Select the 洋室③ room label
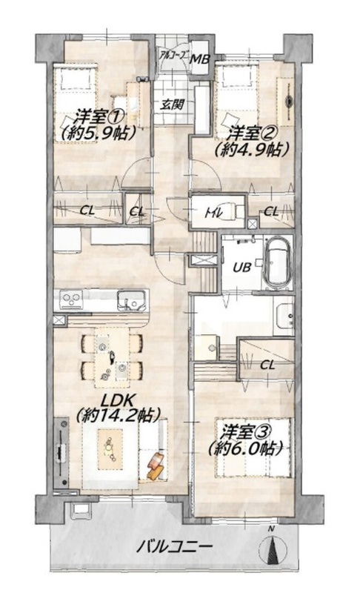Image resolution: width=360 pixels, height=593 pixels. click(249, 432)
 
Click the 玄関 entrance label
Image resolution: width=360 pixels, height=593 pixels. click(173, 104)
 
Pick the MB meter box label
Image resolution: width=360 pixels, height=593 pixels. click(199, 59)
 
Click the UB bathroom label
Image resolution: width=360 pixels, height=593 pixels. click(241, 268)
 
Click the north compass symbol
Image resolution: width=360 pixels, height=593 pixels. click(271, 547)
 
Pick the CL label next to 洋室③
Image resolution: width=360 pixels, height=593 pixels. click(267, 365)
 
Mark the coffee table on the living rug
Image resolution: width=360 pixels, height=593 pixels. click(110, 449)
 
